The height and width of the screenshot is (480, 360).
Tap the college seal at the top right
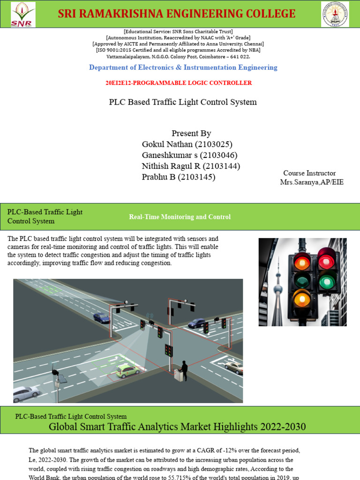pyautogui.click(x=335, y=14)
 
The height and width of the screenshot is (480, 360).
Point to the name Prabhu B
pyautogui.click(x=159, y=177)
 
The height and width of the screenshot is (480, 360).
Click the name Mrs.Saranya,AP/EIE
pyautogui.click(x=312, y=182)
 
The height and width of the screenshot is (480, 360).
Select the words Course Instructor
pyautogui.click(x=309, y=173)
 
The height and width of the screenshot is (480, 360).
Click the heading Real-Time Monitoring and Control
pyautogui.click(x=180, y=217)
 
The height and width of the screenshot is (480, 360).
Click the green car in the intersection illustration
pyautogui.click(x=127, y=371)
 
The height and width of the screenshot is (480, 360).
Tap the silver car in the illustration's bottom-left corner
pyautogui.click(x=26, y=393)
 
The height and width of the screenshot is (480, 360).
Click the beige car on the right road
pyautogui.click(x=234, y=367)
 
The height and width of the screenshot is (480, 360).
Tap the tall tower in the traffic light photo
pyautogui.click(x=278, y=291)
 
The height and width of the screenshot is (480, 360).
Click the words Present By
pyautogui.click(x=191, y=133)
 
